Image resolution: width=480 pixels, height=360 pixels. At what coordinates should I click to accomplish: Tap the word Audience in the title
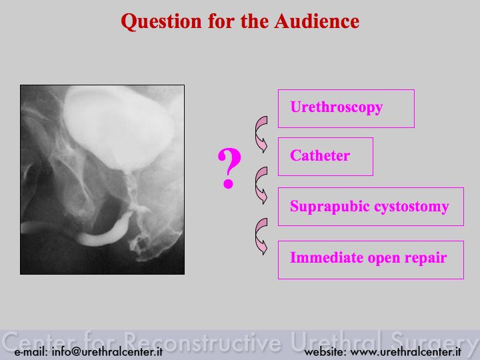pyautogui.click(x=317, y=21)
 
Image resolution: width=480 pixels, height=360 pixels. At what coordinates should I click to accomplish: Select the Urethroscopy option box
pyautogui.click(x=346, y=109)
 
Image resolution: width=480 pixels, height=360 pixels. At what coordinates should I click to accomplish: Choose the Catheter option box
pyautogui.click(x=325, y=157)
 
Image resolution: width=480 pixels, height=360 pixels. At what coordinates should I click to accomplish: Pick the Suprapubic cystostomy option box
pyautogui.click(x=371, y=207)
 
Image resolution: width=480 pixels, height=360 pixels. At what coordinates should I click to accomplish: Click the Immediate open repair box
pyautogui.click(x=371, y=260)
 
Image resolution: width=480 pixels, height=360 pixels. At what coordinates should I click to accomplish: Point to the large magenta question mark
pyautogui.click(x=229, y=168)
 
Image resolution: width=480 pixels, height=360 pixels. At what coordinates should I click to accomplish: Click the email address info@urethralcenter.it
pyautogui.click(x=89, y=352)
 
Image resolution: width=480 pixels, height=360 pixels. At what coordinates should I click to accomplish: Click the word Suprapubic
pyautogui.click(x=330, y=207)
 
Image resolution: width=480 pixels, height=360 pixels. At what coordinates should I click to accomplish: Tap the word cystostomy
pyautogui.click(x=412, y=207)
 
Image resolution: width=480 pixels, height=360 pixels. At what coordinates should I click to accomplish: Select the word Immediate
pyautogui.click(x=326, y=257)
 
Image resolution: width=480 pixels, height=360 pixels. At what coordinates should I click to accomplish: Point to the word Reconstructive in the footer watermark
pyautogui.click(x=202, y=341)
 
